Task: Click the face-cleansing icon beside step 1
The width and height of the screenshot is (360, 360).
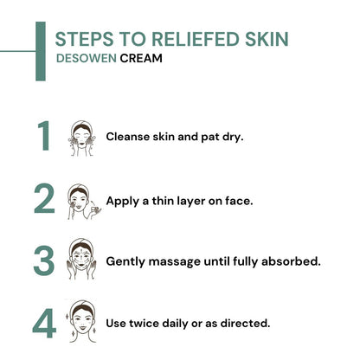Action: pos(82,138)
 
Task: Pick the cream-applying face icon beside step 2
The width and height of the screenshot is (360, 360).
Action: pos(83,201)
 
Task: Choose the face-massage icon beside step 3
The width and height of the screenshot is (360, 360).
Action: pos(82,260)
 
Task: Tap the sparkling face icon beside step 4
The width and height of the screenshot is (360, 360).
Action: pos(82,323)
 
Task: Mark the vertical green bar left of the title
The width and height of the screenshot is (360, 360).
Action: pos(41,51)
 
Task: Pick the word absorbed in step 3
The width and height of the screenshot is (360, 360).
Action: pos(292,260)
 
